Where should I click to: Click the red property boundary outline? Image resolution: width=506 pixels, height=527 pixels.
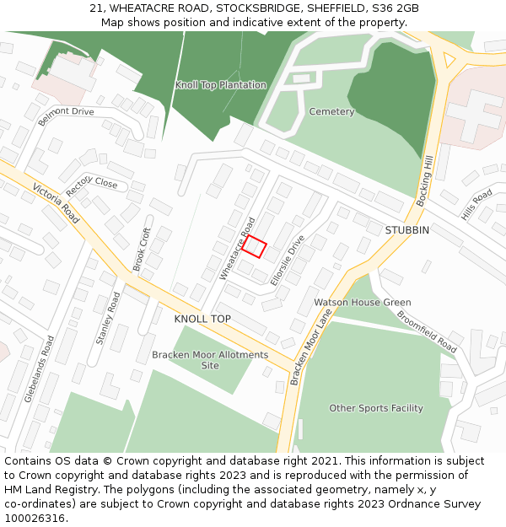coord(254,246)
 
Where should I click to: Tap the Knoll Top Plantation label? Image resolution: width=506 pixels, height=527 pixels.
coord(220,85)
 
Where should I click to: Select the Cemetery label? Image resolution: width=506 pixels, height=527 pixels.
coord(331,111)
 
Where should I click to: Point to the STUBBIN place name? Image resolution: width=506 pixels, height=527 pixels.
coord(406,230)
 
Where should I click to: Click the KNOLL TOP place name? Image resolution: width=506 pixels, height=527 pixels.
coord(202,320)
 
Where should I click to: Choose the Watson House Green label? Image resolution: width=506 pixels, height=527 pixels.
coord(363,302)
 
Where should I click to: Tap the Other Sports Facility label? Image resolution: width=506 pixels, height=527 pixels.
coord(376,408)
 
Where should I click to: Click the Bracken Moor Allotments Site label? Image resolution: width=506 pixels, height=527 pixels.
coord(210,360)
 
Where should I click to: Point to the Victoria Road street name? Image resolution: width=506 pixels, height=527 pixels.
coord(56,202)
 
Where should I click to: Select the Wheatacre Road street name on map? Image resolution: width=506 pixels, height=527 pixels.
coord(236,249)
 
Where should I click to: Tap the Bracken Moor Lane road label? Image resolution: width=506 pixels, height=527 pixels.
coord(311,346)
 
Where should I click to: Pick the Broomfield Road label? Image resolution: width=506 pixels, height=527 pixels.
coord(427,333)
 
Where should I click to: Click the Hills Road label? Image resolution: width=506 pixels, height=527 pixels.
coord(476,206)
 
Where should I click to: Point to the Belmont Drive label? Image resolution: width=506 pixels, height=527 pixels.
coord(66,116)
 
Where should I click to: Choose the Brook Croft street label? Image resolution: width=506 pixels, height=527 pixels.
coord(142,249)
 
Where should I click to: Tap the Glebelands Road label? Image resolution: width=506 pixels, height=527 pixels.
coord(40,369)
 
